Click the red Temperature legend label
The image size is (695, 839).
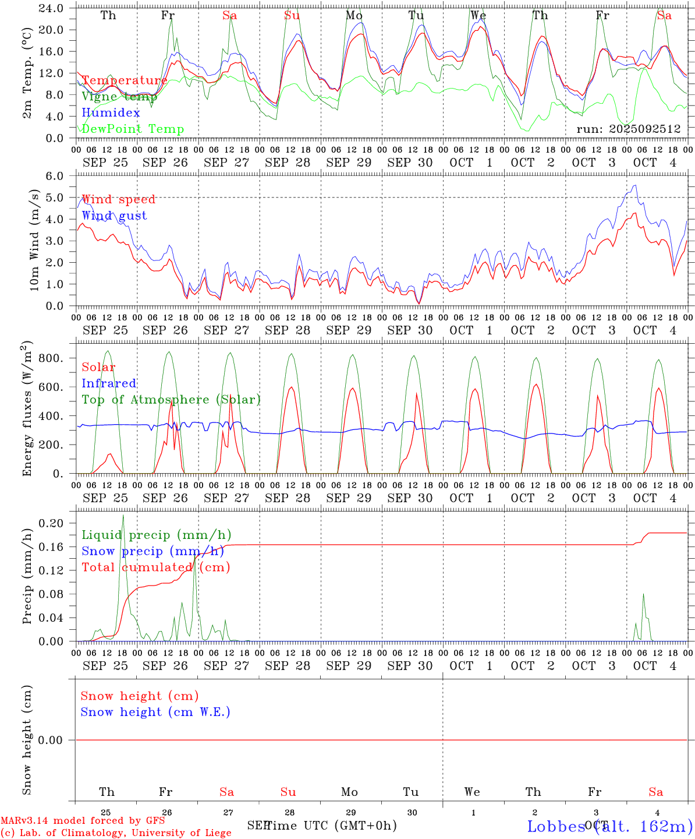pyautogui.click(x=125, y=80)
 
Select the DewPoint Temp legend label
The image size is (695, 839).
pyautogui.click(x=133, y=129)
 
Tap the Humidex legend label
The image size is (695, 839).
pyautogui.click(x=111, y=113)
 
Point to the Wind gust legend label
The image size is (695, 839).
pyautogui.click(x=114, y=216)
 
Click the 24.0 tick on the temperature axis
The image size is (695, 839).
pyautogui.click(x=52, y=8)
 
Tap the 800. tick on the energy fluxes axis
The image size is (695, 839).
pyautogui.click(x=52, y=358)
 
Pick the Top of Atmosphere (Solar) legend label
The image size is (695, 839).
pyautogui.click(x=171, y=400)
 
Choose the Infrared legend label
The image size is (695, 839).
pyautogui.click(x=109, y=383)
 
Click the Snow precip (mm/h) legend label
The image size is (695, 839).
pyautogui.click(x=153, y=551)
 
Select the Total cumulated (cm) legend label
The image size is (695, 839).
pyautogui.click(x=155, y=567)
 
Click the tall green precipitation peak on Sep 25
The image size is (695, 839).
pyautogui.click(x=123, y=516)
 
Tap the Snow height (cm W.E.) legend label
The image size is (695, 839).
pyautogui.click(x=155, y=712)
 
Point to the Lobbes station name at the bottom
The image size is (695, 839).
pyautogui.click(x=556, y=826)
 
